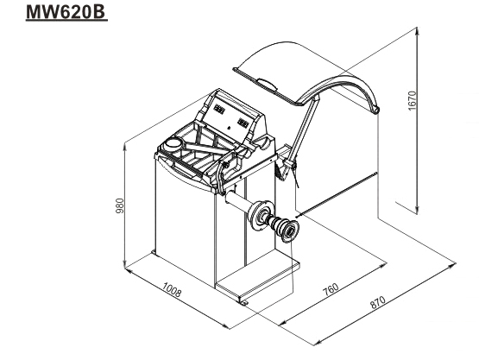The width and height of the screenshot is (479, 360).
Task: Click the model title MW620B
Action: [66, 11]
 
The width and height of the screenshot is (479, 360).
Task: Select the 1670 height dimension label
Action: [412, 101]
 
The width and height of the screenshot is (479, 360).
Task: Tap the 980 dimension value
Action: [120, 206]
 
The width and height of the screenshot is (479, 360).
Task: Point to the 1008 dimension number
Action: [172, 289]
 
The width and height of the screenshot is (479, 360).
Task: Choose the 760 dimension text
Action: [331, 290]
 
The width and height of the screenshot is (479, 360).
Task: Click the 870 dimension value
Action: [377, 302]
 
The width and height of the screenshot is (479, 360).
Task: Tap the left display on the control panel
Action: [219, 109]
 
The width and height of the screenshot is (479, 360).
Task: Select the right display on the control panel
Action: [243, 123]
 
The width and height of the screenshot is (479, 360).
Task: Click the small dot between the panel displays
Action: [228, 127]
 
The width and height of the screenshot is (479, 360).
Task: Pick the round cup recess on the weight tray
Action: [173, 143]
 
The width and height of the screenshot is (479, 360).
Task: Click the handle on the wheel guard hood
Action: [268, 84]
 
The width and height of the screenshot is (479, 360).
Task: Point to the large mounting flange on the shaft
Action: [261, 216]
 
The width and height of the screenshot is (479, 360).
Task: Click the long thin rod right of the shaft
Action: [336, 194]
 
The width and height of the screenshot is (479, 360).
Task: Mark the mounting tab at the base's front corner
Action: [243, 302]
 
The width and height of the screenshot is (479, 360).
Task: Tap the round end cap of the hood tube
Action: [376, 110]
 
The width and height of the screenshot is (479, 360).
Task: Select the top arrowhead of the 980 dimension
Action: [124, 148]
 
